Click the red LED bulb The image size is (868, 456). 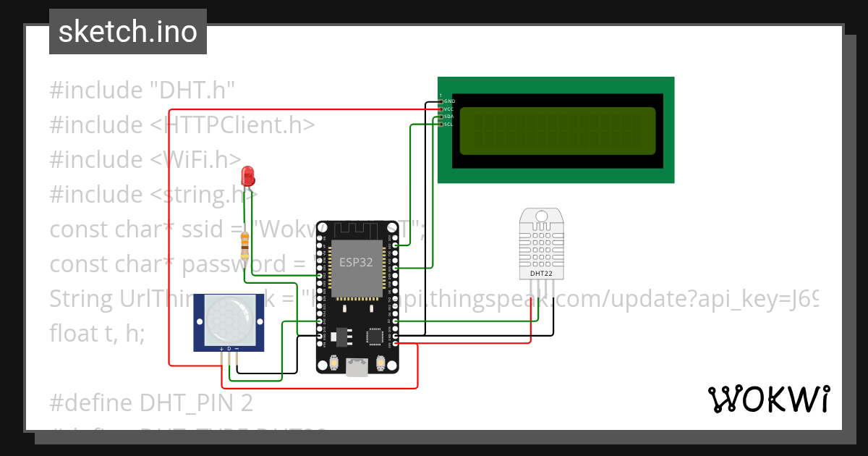point(247,175)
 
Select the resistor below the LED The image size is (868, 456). point(245,246)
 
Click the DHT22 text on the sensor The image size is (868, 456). point(537,274)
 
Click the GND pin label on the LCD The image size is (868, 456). point(448,101)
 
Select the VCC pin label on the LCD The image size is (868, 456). point(448,109)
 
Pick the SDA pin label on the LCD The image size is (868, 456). point(448,117)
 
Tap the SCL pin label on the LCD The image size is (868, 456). point(448,124)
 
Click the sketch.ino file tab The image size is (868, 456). point(128,32)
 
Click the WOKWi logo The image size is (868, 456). point(768,399)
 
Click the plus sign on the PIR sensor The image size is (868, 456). point(221,349)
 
